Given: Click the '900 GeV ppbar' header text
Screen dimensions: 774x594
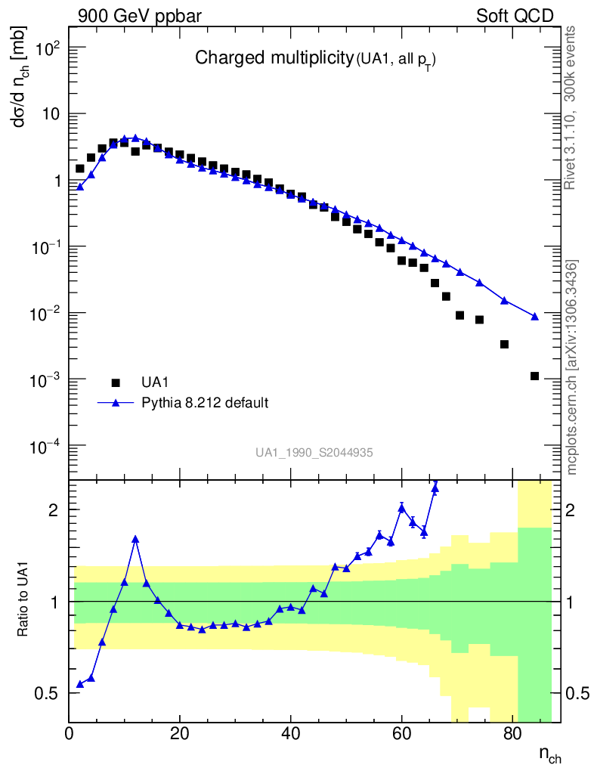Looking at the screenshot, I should click(139, 16).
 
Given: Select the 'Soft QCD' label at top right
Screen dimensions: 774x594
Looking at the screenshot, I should click(515, 16).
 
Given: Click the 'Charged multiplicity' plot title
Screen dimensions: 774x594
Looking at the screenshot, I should click(274, 58).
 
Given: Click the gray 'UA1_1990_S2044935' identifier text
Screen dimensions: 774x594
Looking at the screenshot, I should click(314, 452).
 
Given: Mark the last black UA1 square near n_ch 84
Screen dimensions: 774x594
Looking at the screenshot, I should click(534, 376).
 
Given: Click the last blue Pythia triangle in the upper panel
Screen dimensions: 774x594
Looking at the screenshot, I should click(534, 316).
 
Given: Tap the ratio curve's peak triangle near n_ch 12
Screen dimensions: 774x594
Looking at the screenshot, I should click(135, 539).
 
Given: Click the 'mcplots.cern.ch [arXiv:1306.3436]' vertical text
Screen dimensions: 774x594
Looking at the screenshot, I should click(572, 367).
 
